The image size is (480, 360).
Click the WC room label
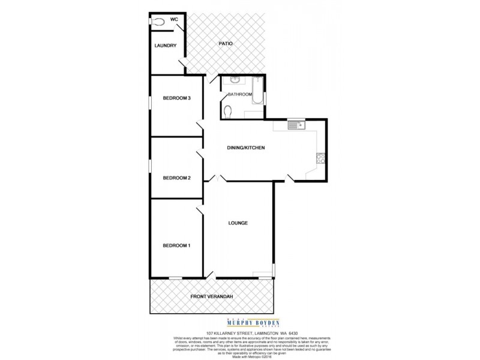click(x=175, y=20)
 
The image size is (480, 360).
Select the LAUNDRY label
click(x=164, y=46)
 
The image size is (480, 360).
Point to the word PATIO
click(x=225, y=44)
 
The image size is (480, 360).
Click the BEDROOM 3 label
click(x=177, y=98)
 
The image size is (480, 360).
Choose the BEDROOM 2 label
click(x=177, y=178)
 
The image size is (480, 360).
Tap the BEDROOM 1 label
click(x=177, y=245)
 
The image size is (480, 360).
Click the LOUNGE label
click(x=238, y=223)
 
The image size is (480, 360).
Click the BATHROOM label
click(x=239, y=95)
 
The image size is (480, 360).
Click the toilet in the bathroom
click(x=231, y=110)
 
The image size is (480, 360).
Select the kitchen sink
click(x=296, y=125)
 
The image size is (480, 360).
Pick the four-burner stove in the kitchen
click(x=320, y=159)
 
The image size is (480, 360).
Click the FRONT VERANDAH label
click(x=211, y=296)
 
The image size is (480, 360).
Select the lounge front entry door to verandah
click(x=210, y=275)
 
